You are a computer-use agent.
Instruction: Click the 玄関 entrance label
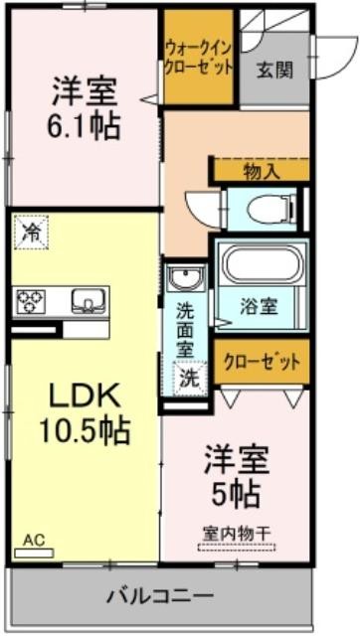coord(274,71)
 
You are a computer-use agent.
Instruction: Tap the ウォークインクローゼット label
coord(199,59)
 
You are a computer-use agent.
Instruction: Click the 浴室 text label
coord(259,308)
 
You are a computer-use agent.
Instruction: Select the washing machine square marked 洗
coord(190,378)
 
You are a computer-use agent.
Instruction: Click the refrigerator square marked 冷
coord(31,232)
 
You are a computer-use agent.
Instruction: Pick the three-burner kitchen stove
coord(31,302)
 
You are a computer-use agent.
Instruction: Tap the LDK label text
coord(85,397)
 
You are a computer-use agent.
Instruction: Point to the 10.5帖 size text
coord(85,430)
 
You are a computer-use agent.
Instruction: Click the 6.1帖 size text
coord(85,126)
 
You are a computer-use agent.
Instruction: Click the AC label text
coord(34,541)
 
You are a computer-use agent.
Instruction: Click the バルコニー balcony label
coord(160,596)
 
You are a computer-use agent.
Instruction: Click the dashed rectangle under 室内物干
coord(237,548)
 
